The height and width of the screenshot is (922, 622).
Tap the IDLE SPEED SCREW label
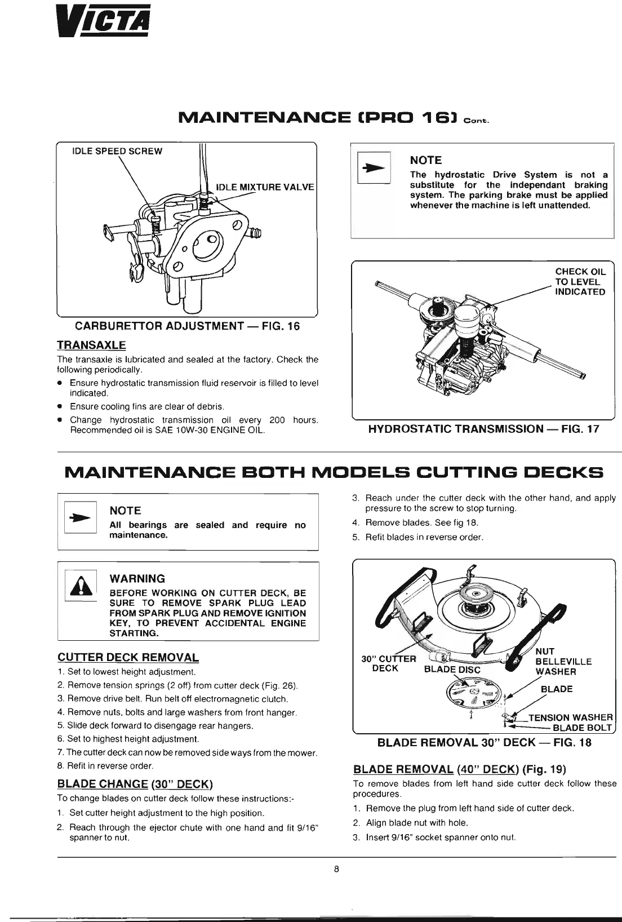click(x=117, y=151)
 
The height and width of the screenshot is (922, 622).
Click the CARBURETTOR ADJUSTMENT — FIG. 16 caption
click(x=188, y=326)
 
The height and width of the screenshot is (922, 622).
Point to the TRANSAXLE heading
click(x=91, y=345)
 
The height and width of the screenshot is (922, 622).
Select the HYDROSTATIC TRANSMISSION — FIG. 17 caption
click(x=483, y=429)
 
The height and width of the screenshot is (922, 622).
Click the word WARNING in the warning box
click(x=137, y=579)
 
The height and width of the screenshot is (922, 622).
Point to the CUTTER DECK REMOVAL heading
click(x=128, y=658)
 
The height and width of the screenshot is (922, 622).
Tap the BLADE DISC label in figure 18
click(x=452, y=670)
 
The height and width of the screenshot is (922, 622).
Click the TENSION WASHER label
click(x=570, y=717)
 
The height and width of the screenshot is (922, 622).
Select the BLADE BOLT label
click(x=582, y=728)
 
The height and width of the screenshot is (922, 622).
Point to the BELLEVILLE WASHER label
click(x=563, y=666)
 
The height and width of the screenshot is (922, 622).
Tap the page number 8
click(x=336, y=868)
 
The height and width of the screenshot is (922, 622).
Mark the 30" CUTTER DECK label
click(x=388, y=664)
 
